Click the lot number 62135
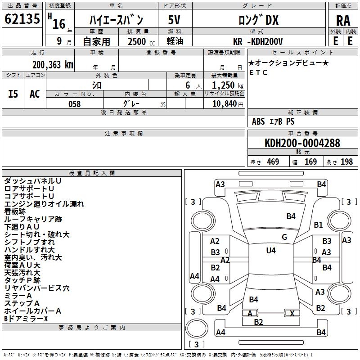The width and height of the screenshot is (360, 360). click(x=22, y=19)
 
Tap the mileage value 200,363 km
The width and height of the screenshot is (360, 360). click(x=53, y=64)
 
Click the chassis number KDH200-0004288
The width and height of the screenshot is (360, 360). click(x=302, y=144)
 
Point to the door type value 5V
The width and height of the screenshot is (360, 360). click(x=175, y=20)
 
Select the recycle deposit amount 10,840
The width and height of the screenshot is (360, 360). click(x=224, y=104)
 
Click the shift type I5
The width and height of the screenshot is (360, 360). click(x=13, y=94)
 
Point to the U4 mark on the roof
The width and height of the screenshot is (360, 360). click(x=270, y=251)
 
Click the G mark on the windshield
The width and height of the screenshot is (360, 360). click(x=284, y=237)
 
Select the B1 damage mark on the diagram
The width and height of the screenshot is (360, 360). click(x=319, y=225)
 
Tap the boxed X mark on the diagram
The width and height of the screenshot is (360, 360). click(x=292, y=313)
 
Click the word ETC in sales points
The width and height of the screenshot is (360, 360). click(x=258, y=72)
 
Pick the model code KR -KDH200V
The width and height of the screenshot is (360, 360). click(x=259, y=41)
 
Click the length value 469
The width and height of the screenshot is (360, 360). click(x=273, y=162)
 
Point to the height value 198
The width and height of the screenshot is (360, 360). click(x=346, y=162)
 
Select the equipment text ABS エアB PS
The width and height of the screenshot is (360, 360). click(x=273, y=121)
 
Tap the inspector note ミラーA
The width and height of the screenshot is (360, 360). click(x=18, y=295)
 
